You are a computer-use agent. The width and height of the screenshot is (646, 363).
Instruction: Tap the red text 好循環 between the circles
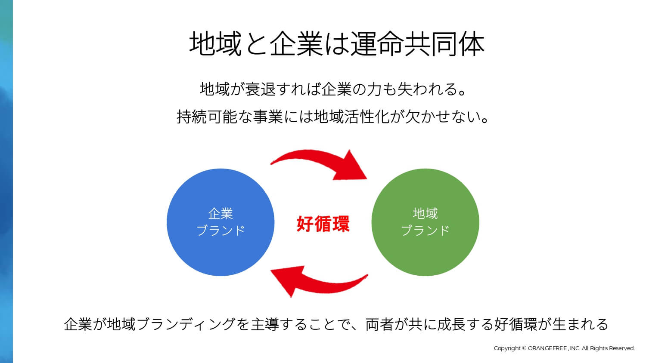coord(323,224)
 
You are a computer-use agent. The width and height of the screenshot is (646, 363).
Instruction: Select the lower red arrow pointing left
coord(319,282)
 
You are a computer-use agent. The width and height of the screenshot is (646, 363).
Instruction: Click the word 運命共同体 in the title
coord(417,44)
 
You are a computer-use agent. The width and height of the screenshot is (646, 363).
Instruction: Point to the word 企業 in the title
coord(296,44)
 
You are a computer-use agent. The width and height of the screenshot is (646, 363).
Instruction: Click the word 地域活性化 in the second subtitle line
coord(352,117)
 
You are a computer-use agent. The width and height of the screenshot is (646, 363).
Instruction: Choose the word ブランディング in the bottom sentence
coord(188,324)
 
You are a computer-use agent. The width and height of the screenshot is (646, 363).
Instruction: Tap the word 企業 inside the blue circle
coord(221,214)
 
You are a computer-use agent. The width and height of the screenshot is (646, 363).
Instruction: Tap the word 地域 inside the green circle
coord(425,214)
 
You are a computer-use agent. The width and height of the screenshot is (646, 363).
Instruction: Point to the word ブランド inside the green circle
coord(425,231)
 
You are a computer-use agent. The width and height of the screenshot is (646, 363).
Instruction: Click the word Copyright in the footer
coord(507,348)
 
